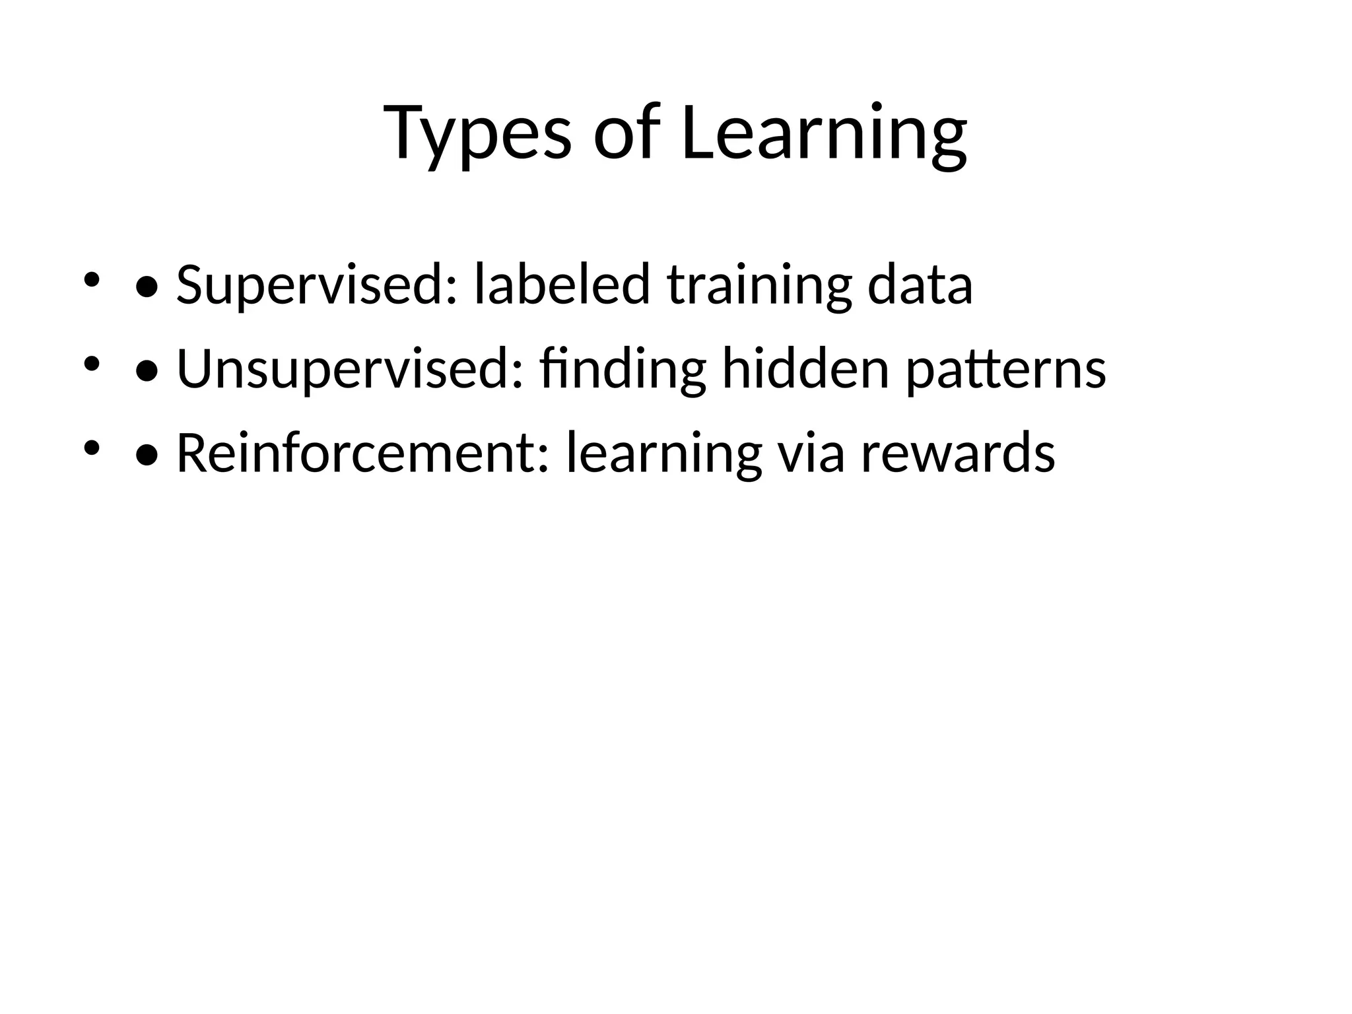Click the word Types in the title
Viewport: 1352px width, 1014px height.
477,133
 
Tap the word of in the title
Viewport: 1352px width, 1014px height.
626,133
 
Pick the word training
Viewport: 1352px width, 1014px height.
759,285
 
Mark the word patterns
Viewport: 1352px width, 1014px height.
1005,370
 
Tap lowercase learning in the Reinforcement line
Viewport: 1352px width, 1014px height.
664,454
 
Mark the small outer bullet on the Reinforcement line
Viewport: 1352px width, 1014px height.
91,448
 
